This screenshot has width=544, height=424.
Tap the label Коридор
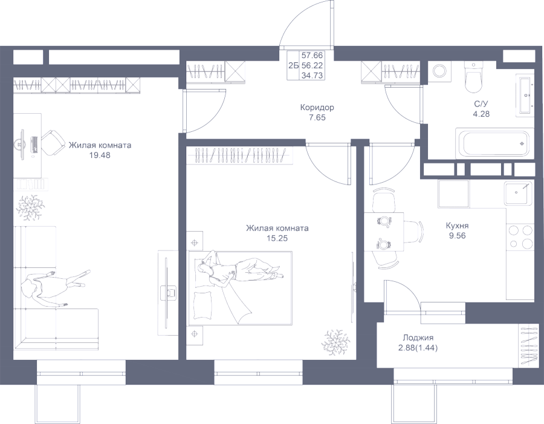[317, 108]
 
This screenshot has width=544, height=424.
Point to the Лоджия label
[418, 338]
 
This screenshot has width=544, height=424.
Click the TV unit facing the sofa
[166, 292]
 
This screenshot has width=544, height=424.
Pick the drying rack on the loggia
[528, 344]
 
